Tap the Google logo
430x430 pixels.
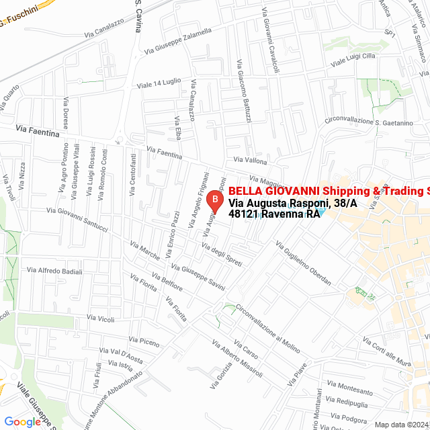(x=22, y=422)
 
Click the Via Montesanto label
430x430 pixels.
(x=351, y=390)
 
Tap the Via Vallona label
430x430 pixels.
(x=250, y=161)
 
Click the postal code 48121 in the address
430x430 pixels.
(x=244, y=214)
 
